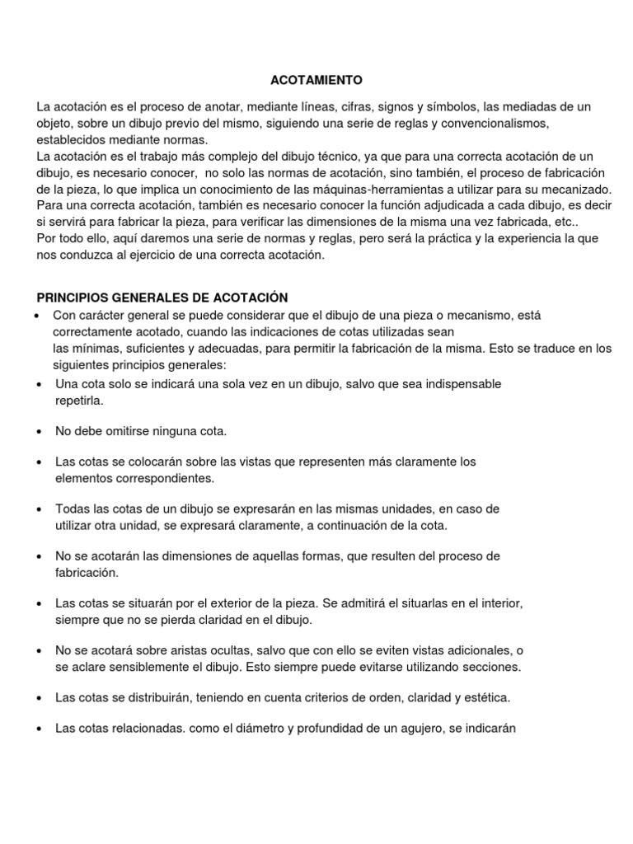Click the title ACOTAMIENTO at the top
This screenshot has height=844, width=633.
tap(316, 80)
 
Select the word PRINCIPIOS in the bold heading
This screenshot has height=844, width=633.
tap(72, 298)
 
